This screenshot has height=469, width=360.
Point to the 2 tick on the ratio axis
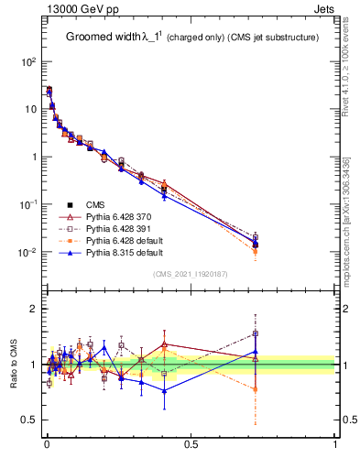(33, 309)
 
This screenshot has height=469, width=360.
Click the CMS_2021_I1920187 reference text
(190, 274)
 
